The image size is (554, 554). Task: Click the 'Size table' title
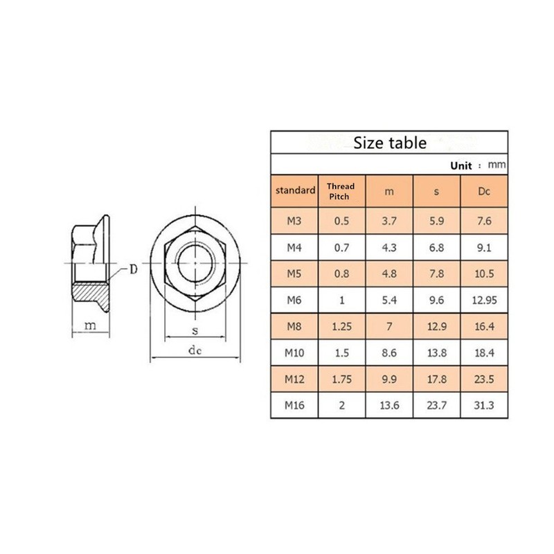[x=390, y=143]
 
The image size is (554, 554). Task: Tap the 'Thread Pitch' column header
[x=341, y=191]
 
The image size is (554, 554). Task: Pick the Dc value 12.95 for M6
[x=484, y=300]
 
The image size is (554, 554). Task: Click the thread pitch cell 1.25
[x=341, y=326]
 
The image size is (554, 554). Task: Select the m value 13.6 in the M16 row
[x=390, y=405]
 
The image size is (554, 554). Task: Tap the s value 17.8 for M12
[x=437, y=379]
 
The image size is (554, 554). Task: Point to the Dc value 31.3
[x=484, y=405]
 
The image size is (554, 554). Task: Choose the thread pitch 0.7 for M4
[x=341, y=247]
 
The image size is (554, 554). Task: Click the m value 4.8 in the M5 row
[x=390, y=274]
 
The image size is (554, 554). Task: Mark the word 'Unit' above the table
[x=461, y=166]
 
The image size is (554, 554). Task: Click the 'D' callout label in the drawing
[x=133, y=269]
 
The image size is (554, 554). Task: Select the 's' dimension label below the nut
[x=195, y=331]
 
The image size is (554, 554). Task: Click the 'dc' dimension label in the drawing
[x=195, y=351]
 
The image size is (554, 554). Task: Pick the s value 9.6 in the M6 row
[x=437, y=300]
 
